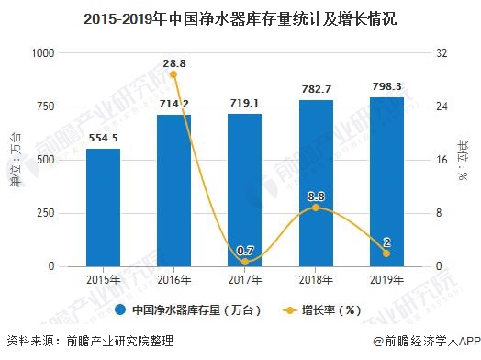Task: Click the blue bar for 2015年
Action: (103, 208)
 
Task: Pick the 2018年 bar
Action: (316, 183)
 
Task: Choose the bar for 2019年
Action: (386, 181)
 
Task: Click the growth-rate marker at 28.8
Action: (173, 74)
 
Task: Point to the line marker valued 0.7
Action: (244, 262)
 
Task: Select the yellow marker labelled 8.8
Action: (316, 208)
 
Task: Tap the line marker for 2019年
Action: (386, 253)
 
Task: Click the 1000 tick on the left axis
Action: (42, 53)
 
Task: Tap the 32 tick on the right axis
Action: (442, 53)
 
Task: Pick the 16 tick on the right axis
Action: (442, 160)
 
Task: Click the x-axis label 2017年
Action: (244, 280)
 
